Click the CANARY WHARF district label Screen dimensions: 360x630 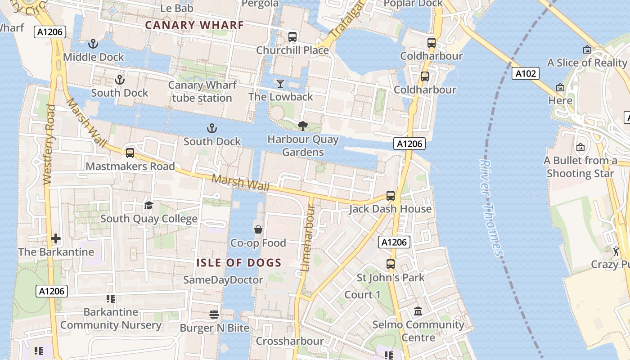pyautogui.click(x=194, y=25)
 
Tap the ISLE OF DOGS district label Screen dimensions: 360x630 pyautogui.click(x=239, y=263)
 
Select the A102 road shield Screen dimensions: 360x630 pyautogui.click(x=525, y=73)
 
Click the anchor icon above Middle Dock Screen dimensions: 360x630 pyautogui.click(x=93, y=44)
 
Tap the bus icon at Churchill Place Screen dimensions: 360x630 pyautogui.click(x=292, y=37)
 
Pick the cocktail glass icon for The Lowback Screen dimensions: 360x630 pyautogui.click(x=281, y=84)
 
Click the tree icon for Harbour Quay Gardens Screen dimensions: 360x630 pyautogui.click(x=303, y=126)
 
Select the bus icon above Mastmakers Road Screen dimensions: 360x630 pyautogui.click(x=130, y=153)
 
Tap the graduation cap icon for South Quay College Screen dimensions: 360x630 pyautogui.click(x=148, y=206)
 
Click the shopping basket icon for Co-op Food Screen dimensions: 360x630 pyautogui.click(x=258, y=230)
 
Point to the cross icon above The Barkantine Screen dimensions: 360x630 pyautogui.click(x=56, y=238)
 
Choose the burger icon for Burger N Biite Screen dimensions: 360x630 pyautogui.click(x=214, y=314)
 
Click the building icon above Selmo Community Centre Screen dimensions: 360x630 pyautogui.click(x=418, y=311)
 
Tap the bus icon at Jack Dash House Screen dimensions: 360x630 pyautogui.click(x=391, y=196)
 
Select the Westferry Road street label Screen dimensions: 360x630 pyautogui.click(x=49, y=144)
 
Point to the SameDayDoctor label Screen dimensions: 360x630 pyautogui.click(x=223, y=280)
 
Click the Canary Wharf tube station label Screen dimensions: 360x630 pyautogui.click(x=202, y=91)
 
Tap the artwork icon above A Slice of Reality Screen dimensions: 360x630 pyautogui.click(x=587, y=49)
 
